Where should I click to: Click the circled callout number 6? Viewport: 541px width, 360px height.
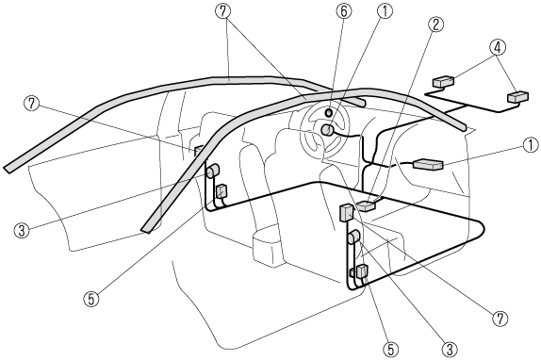click(343, 11)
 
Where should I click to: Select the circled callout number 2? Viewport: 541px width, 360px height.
click(435, 25)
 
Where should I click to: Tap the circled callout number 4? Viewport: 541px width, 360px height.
click(498, 47)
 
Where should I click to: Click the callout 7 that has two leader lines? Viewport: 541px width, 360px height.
click(223, 11)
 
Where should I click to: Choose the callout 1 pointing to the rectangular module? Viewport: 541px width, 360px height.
click(531, 145)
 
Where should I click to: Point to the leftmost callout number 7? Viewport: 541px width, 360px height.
click(32, 103)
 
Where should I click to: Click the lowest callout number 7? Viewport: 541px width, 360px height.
click(500, 319)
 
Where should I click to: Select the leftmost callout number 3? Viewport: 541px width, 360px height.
click(22, 230)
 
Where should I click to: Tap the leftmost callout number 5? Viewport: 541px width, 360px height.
click(91, 299)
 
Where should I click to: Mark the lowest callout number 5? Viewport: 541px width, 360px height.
click(390, 349)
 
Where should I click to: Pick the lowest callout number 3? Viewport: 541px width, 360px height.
click(450, 349)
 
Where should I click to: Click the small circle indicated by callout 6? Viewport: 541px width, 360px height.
click(329, 112)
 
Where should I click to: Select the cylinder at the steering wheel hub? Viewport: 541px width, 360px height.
click(327, 130)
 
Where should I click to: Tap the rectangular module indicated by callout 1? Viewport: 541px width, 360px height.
click(428, 164)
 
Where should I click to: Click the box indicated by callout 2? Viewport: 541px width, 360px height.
click(366, 205)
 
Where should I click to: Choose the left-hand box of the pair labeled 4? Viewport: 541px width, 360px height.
click(443, 81)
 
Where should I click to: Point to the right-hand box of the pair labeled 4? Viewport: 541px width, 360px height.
click(517, 97)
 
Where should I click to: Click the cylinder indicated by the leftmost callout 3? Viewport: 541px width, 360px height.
click(213, 171)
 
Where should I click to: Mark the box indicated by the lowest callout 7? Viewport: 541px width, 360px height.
click(347, 212)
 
